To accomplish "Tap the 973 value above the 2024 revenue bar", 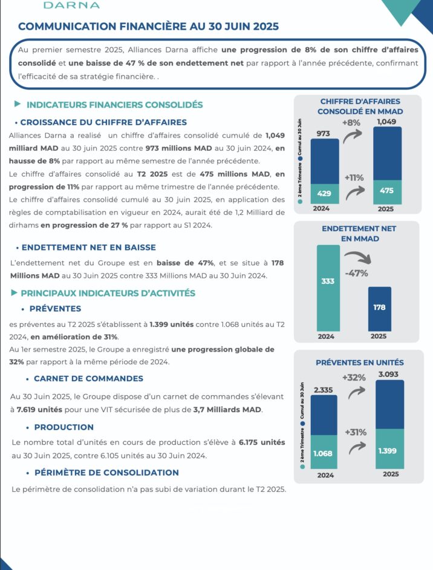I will coord(324,133).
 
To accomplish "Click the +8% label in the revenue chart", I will coord(351,122).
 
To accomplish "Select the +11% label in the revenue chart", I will coord(354,178).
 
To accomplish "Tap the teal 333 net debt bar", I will coord(328,281).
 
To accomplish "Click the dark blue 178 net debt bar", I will coord(379,307).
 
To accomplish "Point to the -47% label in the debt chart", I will coord(356,273).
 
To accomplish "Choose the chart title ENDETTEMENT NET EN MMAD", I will coord(359,234).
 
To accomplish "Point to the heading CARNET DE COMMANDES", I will coord(88,378).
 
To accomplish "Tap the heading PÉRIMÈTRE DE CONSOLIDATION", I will coord(106,473).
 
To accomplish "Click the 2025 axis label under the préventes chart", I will coord(391,474).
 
